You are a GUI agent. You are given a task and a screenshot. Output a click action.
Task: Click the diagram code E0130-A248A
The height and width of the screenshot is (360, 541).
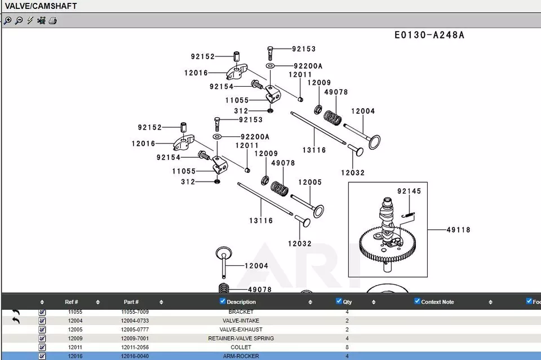(429, 35)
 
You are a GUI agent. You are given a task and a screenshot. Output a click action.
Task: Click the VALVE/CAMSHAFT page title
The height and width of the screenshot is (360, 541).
(41, 6)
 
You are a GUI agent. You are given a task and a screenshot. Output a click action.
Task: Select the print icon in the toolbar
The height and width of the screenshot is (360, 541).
(52, 21)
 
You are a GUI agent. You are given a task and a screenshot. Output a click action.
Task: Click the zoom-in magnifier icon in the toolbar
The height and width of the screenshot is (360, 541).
(7, 21)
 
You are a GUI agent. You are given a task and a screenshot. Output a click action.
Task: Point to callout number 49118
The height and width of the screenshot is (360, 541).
(458, 230)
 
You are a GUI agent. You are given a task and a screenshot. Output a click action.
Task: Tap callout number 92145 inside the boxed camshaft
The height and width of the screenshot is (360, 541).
(409, 192)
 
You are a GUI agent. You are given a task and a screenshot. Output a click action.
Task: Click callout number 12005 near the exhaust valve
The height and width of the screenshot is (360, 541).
(310, 182)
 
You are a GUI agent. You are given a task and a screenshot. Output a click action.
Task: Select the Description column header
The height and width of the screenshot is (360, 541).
(241, 302)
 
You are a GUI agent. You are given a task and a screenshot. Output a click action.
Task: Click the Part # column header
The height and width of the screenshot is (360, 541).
(131, 302)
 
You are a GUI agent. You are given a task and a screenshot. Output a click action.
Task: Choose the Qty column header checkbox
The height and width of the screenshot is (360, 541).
(339, 301)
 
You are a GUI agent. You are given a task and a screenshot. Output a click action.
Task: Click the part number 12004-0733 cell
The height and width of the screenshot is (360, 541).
(135, 321)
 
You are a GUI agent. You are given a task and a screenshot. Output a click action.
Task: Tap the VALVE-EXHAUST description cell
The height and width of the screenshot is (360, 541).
(241, 330)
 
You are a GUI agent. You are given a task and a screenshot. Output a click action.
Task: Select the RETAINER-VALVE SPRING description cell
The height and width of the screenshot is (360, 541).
(241, 339)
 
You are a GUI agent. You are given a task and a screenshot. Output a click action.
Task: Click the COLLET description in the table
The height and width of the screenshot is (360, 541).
(241, 348)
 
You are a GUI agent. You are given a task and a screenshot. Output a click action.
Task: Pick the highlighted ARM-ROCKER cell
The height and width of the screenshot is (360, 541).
(241, 356)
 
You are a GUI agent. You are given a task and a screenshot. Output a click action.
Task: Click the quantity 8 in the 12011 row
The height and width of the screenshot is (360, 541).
(347, 348)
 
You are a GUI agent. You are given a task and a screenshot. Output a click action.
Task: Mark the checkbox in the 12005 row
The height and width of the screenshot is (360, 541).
(42, 330)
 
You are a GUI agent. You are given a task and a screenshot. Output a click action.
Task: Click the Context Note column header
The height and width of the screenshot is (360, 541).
(437, 302)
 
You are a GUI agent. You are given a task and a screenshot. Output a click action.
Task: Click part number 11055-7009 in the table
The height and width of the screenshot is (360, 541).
(135, 312)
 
